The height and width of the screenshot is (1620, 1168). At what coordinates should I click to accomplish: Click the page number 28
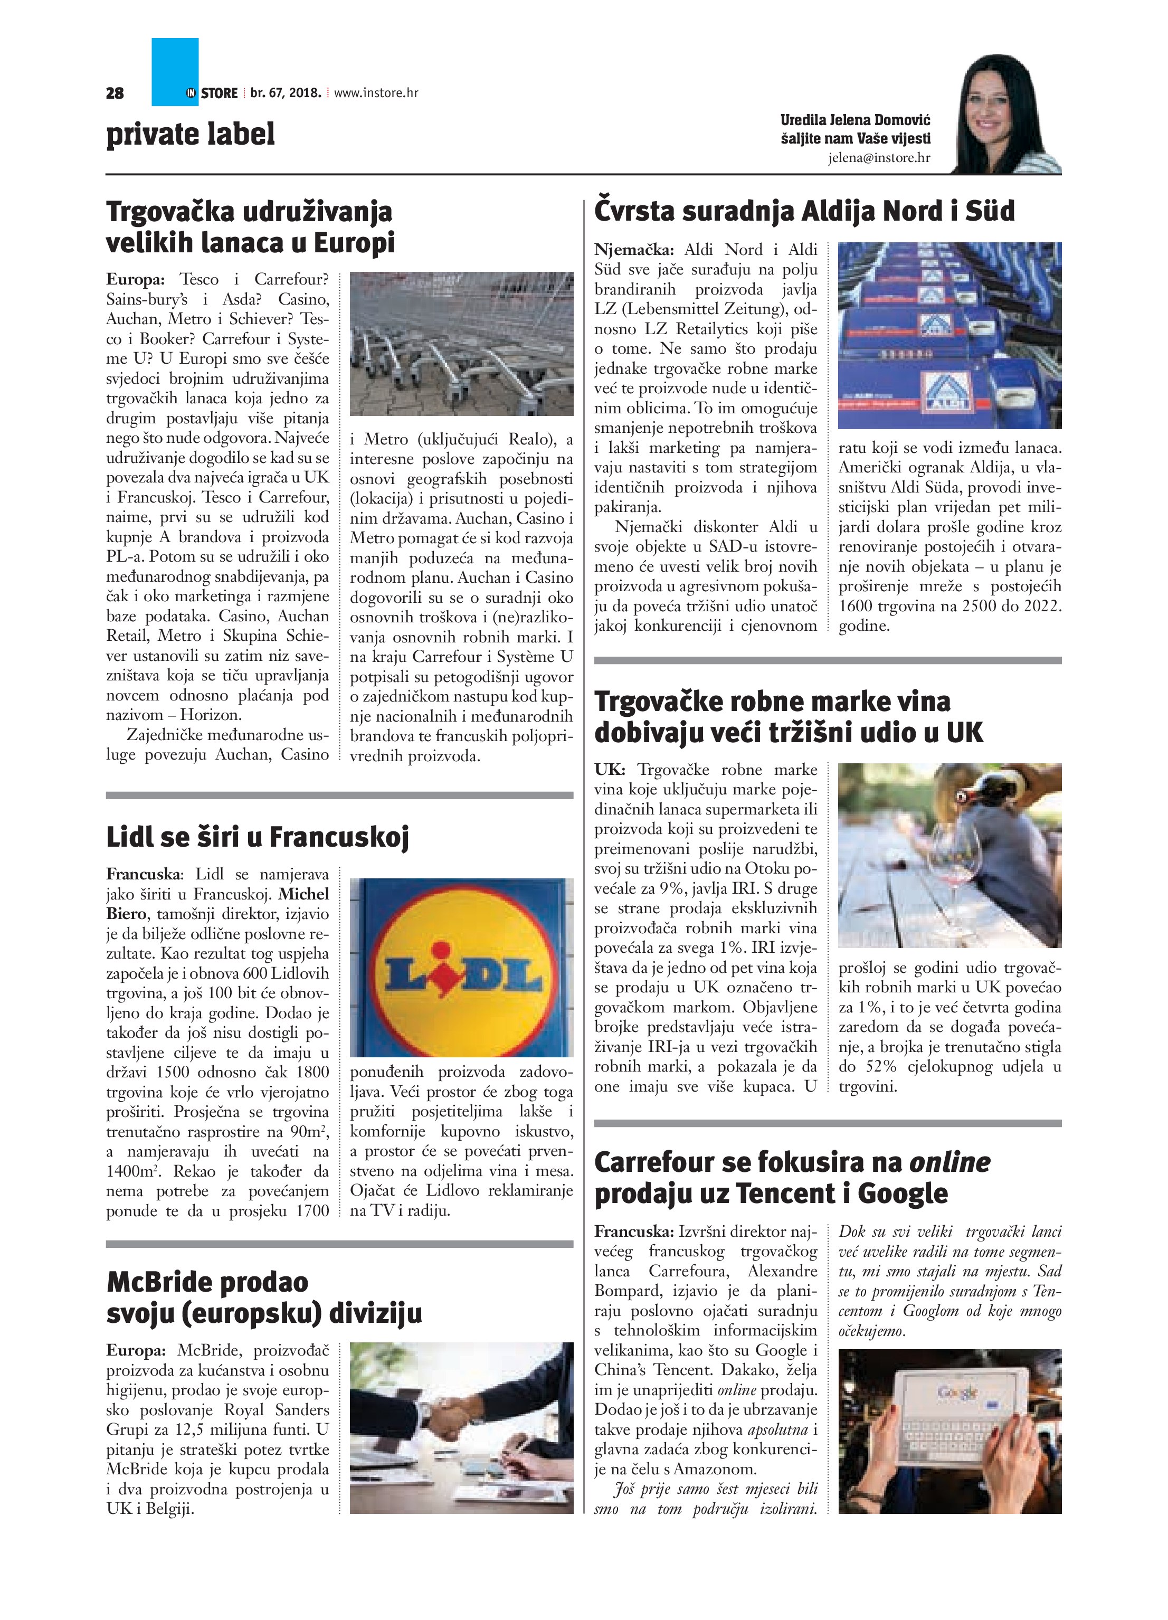tap(115, 93)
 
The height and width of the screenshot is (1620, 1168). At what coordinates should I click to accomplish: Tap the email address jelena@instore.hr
tap(879, 158)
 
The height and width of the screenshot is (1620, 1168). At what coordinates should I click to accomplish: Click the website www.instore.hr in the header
tap(376, 93)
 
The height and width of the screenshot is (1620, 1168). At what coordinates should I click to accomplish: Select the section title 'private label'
tap(190, 134)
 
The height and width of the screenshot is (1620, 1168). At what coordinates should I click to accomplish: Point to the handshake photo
tap(461, 1428)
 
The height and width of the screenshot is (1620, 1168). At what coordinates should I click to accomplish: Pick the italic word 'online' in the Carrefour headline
tap(949, 1162)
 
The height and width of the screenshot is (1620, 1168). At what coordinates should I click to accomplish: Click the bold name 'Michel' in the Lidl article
tap(303, 894)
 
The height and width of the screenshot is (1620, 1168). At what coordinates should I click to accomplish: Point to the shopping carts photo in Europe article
tap(461, 344)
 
